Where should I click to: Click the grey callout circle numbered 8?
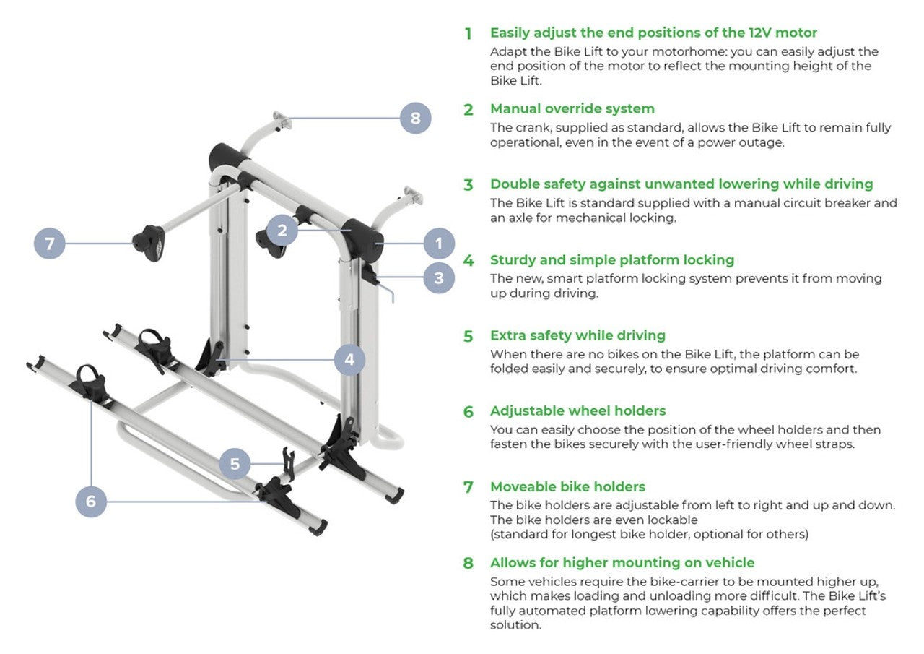click(415, 117)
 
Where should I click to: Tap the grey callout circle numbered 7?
click(49, 244)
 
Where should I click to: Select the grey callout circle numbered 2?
click(282, 231)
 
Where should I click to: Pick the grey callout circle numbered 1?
click(438, 244)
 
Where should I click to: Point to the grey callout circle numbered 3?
click(438, 277)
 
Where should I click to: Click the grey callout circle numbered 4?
click(349, 359)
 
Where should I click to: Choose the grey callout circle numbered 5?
click(235, 463)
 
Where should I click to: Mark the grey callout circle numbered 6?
click(91, 501)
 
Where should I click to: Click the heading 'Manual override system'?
click(572, 109)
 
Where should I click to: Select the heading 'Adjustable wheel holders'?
click(577, 411)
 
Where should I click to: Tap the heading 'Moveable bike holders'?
click(567, 487)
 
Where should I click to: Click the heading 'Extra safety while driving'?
click(577, 336)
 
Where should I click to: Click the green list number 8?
click(468, 564)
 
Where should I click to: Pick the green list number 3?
click(468, 185)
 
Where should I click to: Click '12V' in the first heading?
click(749, 33)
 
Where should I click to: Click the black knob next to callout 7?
click(148, 243)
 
